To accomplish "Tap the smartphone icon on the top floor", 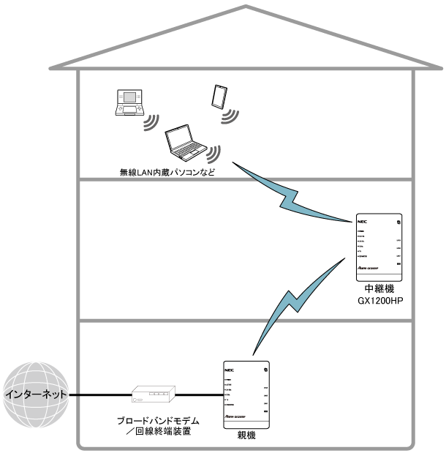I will pos(218,96).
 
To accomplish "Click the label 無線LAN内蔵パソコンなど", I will pos(167,173).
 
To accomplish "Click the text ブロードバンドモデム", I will pos(159,423).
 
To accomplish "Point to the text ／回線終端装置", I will pos(159,433).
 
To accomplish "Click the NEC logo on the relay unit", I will pos(361,219).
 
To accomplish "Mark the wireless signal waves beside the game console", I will pos(151,121).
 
